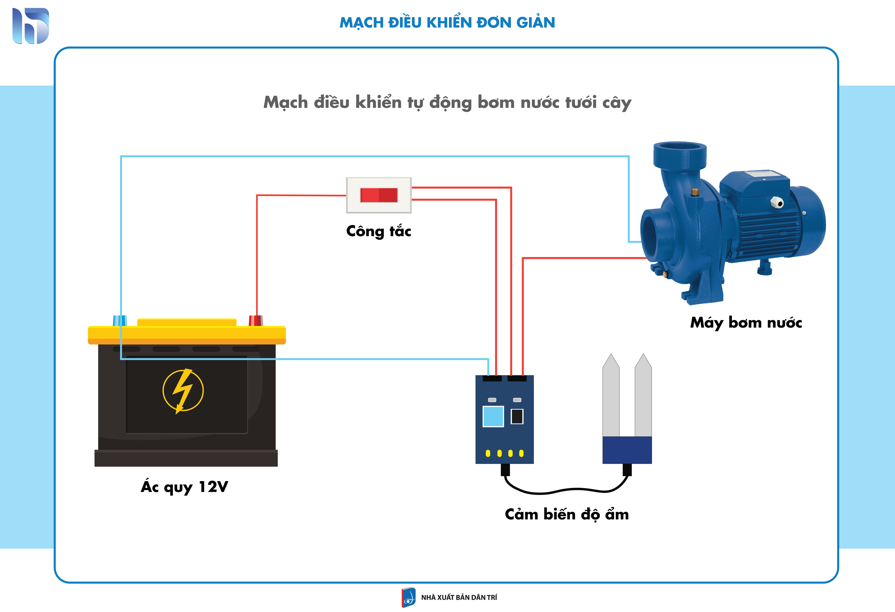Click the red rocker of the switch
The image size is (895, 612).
pos(379,195)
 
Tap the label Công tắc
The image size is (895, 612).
pos(379,231)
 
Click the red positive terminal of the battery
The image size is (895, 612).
pos(256,320)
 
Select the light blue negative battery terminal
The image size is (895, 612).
pos(120,320)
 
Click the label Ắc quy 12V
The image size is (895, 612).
pos(184,486)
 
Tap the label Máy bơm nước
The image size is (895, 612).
pos(746,323)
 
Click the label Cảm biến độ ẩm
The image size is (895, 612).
pos(566,515)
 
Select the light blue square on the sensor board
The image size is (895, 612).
pos(493,416)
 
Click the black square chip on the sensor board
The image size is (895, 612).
pos(517,416)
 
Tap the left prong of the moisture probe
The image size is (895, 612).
pos(611,395)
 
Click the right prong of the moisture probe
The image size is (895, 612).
pos(643,395)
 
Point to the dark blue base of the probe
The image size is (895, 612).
pos(627,450)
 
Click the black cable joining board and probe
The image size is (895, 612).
pos(566,490)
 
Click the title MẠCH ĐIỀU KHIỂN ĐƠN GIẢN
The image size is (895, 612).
pos(447,22)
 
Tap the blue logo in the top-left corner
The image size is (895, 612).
pos(31,26)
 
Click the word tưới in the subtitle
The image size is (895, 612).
pos(581,103)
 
